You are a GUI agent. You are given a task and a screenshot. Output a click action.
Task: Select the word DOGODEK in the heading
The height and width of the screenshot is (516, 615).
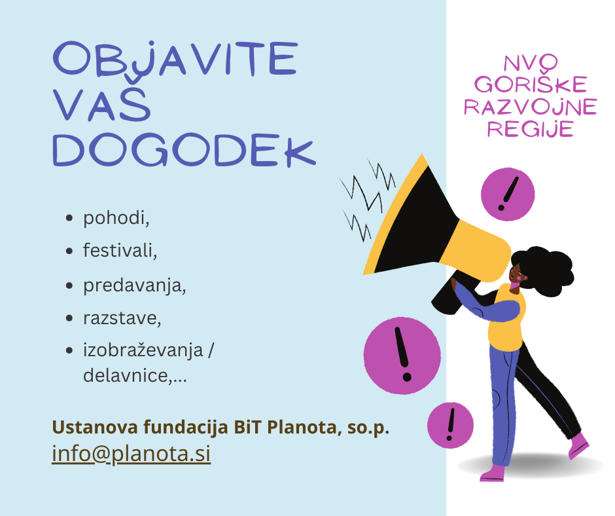click(184, 150)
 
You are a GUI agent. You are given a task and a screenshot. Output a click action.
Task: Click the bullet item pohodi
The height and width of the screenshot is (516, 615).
click(116, 218)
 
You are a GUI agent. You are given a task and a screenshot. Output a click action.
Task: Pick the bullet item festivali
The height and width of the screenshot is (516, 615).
click(120, 251)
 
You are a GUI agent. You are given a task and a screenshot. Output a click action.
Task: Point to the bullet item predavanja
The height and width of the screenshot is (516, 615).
click(134, 286)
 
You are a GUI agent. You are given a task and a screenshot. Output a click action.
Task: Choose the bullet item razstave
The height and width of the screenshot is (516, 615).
click(122, 319)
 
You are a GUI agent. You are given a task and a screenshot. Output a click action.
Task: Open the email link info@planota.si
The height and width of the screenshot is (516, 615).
click(131, 454)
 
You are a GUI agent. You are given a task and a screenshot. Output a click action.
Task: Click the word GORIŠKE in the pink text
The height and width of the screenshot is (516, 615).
click(530, 84)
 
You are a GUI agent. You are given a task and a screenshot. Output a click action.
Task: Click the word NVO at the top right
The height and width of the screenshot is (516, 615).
click(530, 63)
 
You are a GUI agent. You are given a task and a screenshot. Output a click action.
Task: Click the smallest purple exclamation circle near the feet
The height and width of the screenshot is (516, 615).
click(450, 425)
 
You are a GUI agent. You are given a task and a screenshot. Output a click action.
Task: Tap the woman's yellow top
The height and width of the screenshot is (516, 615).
click(506, 321)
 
